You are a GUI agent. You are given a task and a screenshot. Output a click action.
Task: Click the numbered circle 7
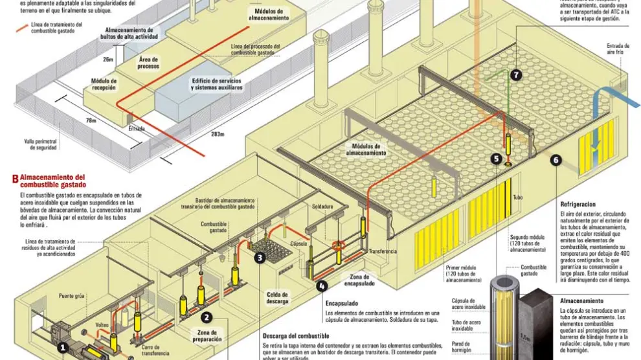point(516,75)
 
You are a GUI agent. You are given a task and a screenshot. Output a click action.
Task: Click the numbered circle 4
point(322,284)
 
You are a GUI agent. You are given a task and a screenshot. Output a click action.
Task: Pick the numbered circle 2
point(207,317)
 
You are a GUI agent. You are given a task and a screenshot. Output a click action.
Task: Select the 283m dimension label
point(217,135)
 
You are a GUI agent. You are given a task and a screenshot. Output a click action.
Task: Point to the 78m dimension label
point(91,120)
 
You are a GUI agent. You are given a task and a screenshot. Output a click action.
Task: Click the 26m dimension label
point(107,60)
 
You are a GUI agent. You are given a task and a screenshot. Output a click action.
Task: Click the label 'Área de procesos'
point(148,63)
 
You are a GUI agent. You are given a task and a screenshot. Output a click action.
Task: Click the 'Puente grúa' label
point(72,296)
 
